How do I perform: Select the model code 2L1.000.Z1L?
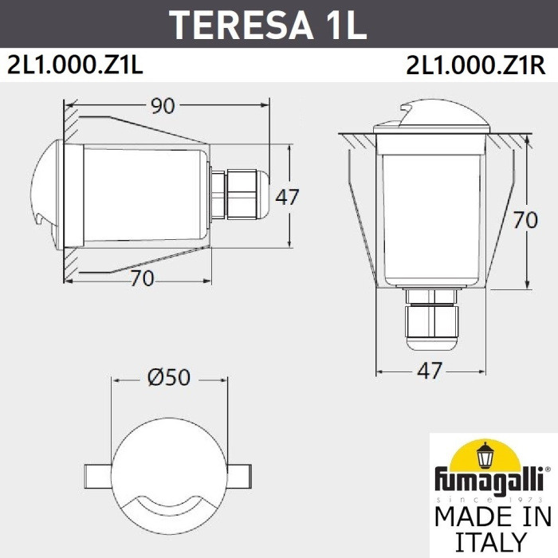75,65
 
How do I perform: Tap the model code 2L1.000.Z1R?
476,65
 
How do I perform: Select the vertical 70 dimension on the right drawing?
525,219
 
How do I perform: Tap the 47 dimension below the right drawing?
430,371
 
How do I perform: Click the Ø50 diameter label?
169,377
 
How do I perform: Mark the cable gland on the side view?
239,195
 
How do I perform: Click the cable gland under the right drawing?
430,320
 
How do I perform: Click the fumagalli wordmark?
488,481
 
